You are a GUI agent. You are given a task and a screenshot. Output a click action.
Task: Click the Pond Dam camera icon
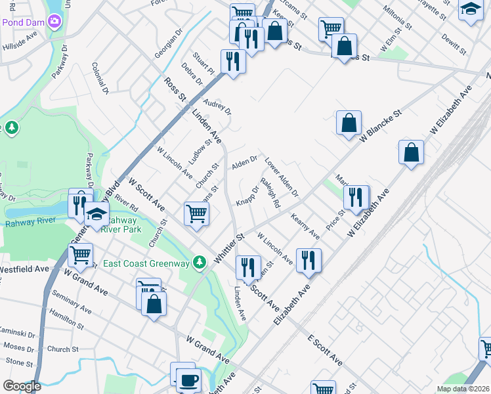pyautogui.click(x=54, y=21)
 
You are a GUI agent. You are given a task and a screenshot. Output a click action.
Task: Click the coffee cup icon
pyautogui.click(x=190, y=379)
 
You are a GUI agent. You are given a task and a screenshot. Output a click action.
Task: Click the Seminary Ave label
pyautogui.click(x=72, y=302)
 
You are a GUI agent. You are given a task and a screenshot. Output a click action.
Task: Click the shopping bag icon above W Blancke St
pyautogui.click(x=349, y=123)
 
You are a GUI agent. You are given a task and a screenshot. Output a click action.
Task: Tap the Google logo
pyautogui.click(x=21, y=385)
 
